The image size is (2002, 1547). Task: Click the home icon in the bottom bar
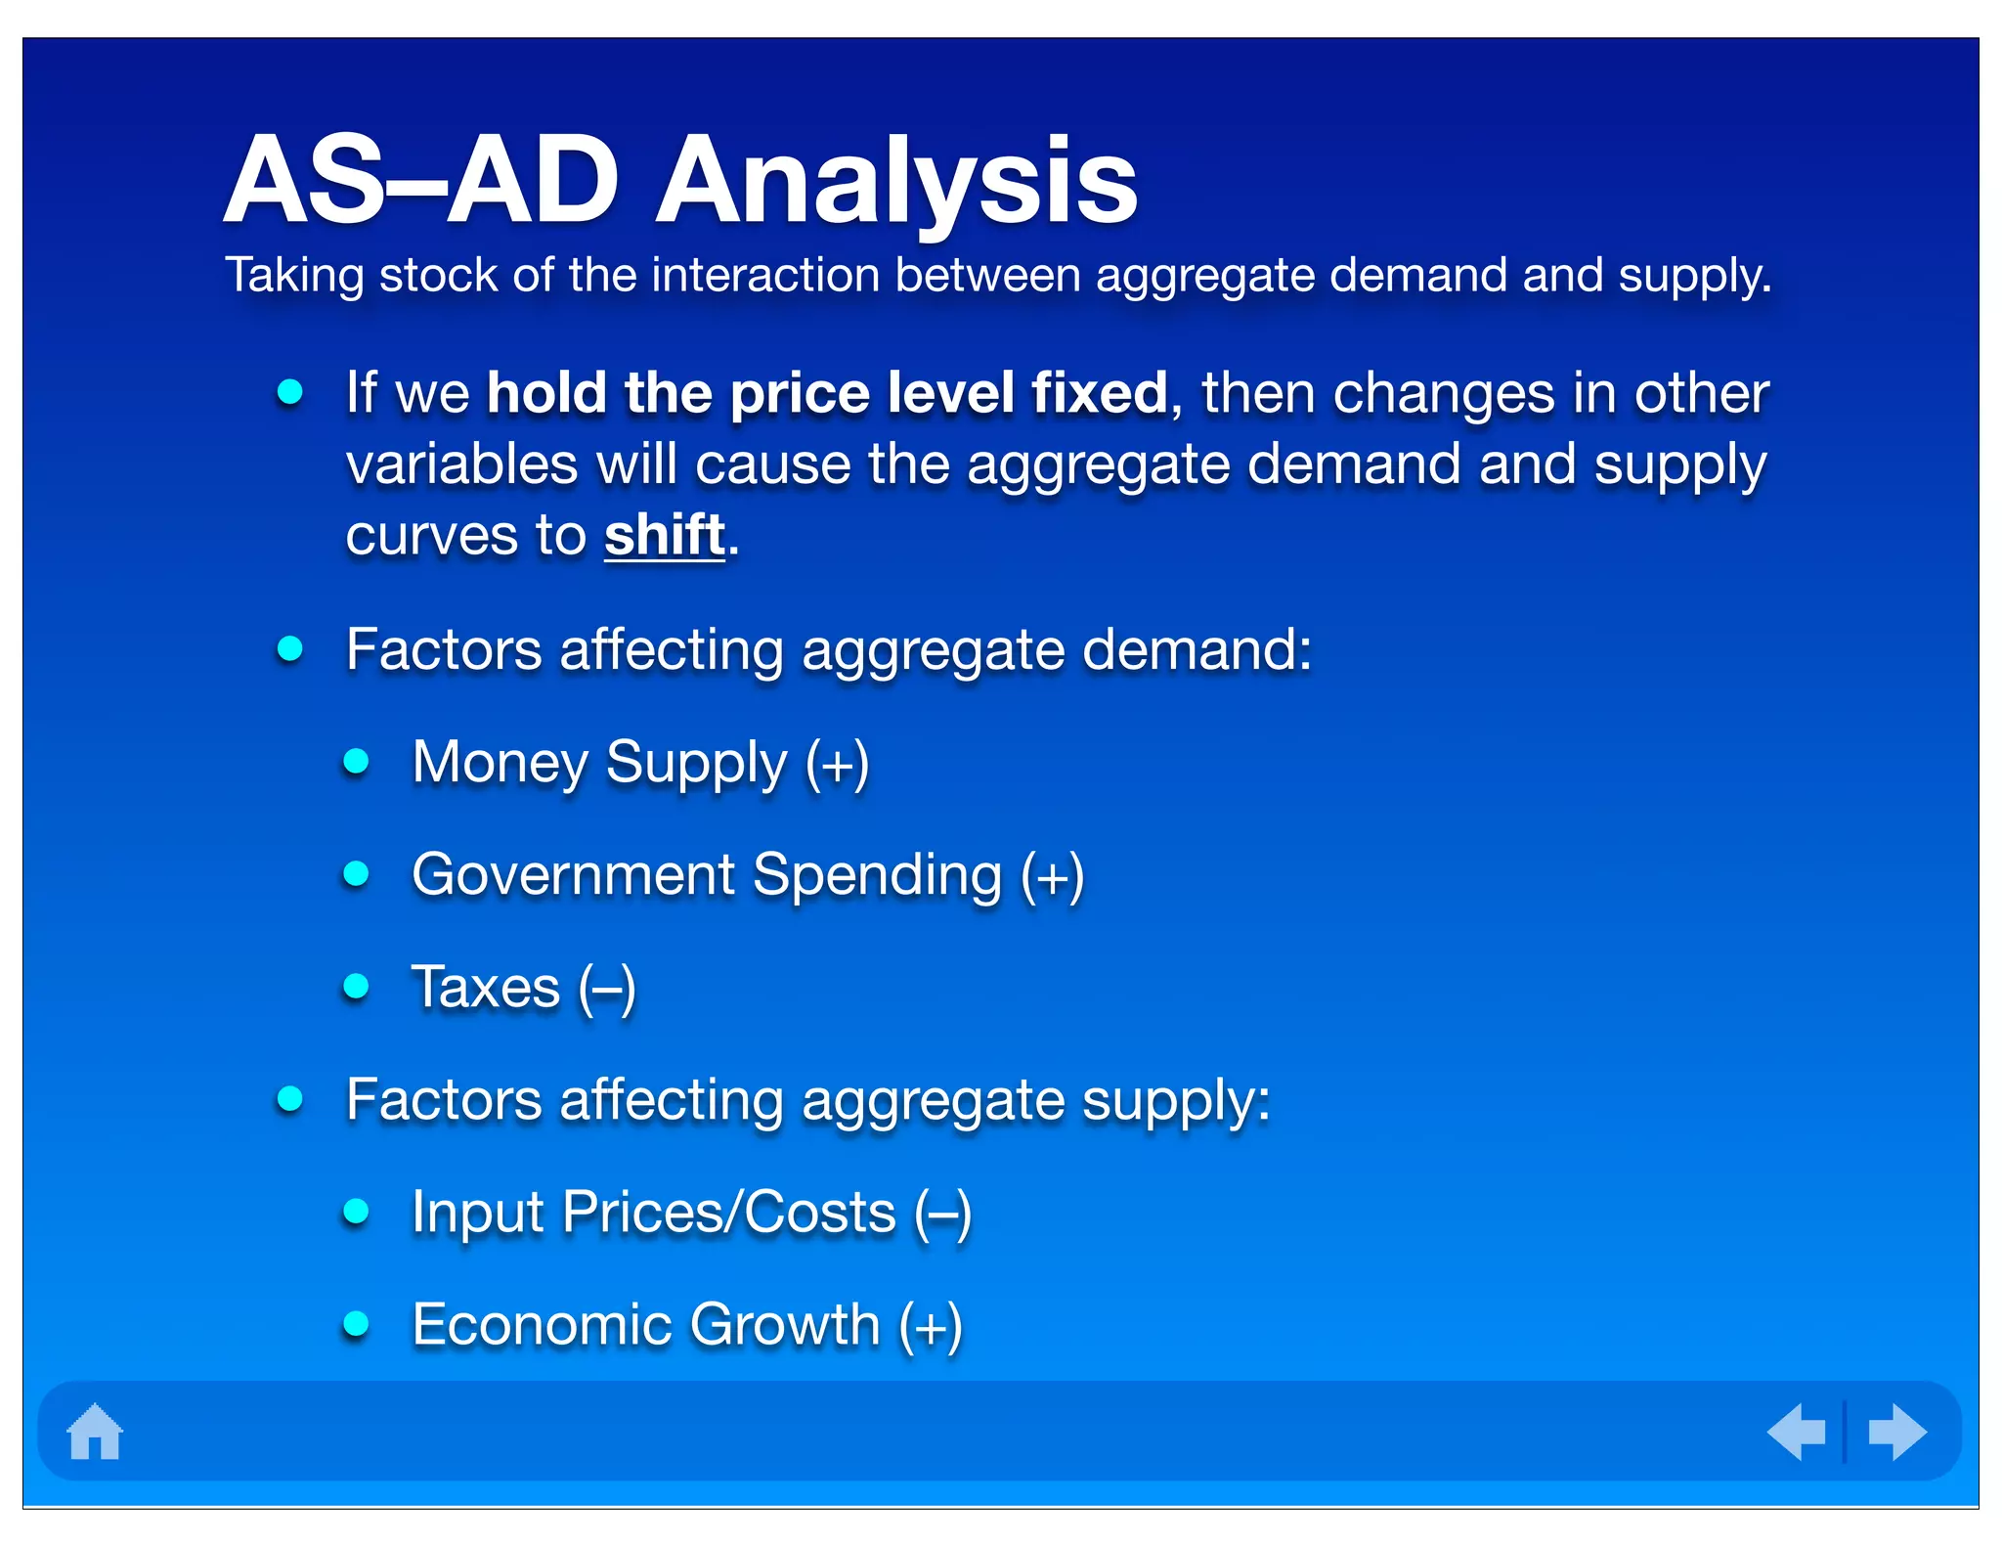(x=95, y=1432)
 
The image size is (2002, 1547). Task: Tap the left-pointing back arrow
(x=1797, y=1432)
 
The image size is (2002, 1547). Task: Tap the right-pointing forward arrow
(x=1896, y=1432)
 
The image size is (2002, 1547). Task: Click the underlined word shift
(x=665, y=535)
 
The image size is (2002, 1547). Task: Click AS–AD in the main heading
(x=421, y=182)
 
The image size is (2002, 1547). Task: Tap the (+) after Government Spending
(x=1052, y=875)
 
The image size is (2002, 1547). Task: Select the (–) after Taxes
(x=607, y=988)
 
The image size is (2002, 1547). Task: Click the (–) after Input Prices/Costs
(x=942, y=1214)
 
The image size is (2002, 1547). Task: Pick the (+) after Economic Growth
(x=931, y=1326)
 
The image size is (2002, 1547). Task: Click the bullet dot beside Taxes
(x=357, y=986)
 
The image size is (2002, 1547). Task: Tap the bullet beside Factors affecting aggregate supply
(x=290, y=1099)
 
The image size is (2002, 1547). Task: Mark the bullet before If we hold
(x=290, y=392)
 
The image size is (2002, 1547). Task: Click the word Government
(x=573, y=875)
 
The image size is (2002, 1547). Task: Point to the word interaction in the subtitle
(x=765, y=275)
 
